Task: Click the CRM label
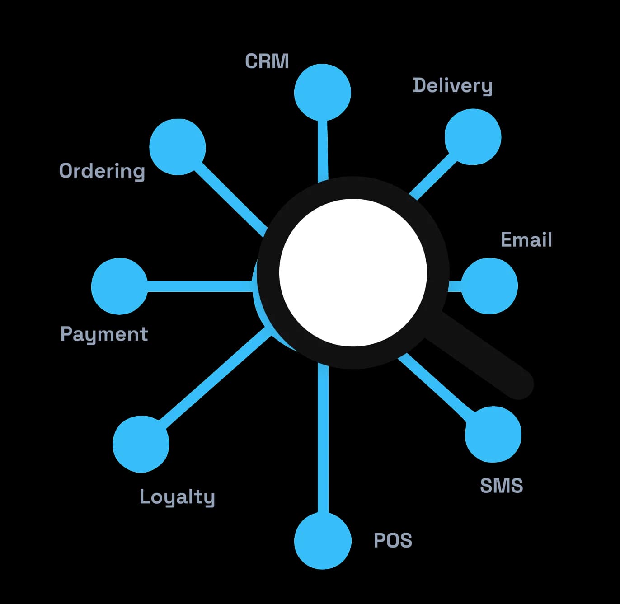click(x=267, y=61)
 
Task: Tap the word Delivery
click(x=453, y=86)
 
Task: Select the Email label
click(x=526, y=239)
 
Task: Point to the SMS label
click(x=502, y=486)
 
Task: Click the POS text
click(x=393, y=540)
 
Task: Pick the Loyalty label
click(x=177, y=497)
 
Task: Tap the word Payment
click(x=104, y=334)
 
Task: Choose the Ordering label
click(x=102, y=171)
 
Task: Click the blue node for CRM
click(x=322, y=92)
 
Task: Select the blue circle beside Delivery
click(x=473, y=137)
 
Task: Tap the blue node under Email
click(x=489, y=286)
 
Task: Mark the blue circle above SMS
click(x=493, y=434)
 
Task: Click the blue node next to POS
click(x=323, y=541)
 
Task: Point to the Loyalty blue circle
click(x=141, y=444)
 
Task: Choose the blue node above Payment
click(x=119, y=286)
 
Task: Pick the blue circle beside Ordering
click(x=178, y=147)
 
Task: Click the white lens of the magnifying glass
click(x=353, y=273)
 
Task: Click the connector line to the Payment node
click(x=201, y=286)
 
